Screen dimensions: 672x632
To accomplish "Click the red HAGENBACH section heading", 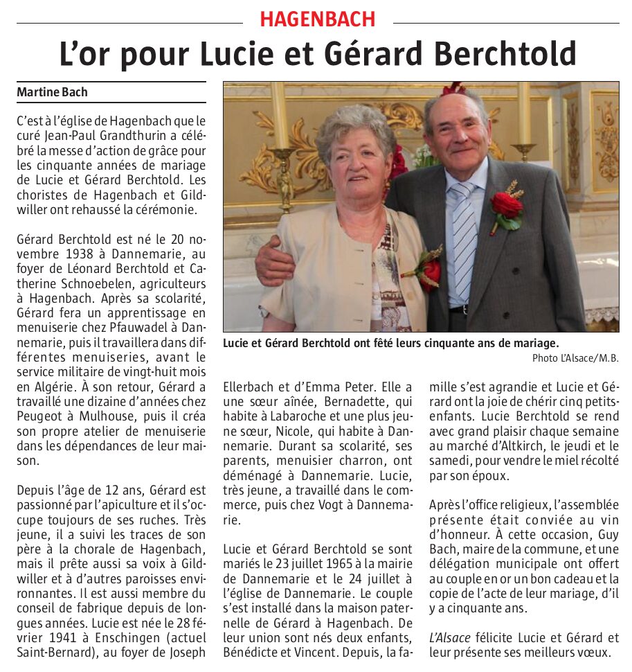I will pyautogui.click(x=318, y=19).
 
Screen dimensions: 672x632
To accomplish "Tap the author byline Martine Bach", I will pyautogui.click(x=53, y=91).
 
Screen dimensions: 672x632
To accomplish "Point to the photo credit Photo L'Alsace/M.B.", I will pyautogui.click(x=575, y=358).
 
